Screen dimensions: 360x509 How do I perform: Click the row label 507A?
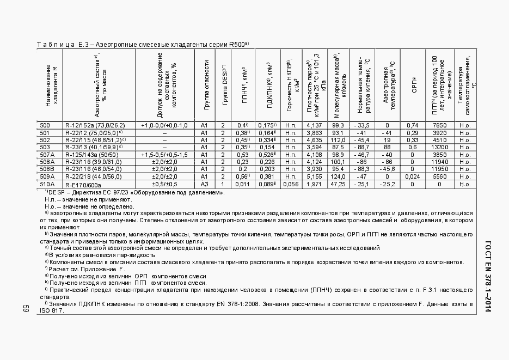(46, 154)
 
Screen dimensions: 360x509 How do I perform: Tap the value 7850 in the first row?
(439, 125)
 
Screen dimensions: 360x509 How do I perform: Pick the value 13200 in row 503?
(439, 147)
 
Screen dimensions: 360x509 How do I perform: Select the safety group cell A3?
(205, 184)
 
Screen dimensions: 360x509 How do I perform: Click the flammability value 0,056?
(291, 184)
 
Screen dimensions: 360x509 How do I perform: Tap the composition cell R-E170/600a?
(83, 184)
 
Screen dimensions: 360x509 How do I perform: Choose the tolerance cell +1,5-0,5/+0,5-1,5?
(164, 154)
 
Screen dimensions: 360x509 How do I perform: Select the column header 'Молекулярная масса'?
(338, 84)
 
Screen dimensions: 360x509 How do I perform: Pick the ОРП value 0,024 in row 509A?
(413, 176)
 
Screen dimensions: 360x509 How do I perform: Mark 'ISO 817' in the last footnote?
(51, 310)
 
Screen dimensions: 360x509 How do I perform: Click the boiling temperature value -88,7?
(361, 147)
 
